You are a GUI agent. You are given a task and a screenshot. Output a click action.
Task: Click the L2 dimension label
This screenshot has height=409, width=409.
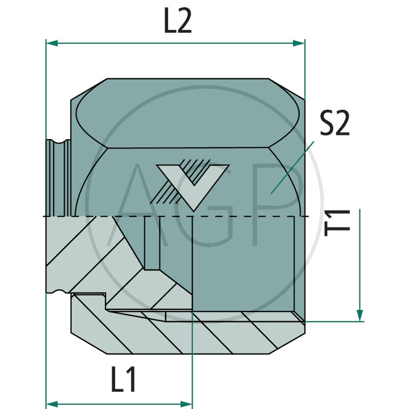177,21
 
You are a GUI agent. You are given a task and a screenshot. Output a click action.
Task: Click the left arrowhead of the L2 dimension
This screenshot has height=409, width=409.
51,43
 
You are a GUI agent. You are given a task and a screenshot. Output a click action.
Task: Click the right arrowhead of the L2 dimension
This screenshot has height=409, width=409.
300,43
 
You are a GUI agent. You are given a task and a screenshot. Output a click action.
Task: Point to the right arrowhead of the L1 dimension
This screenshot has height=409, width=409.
187,402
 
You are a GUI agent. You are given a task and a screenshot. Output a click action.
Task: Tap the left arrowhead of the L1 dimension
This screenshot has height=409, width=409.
51,402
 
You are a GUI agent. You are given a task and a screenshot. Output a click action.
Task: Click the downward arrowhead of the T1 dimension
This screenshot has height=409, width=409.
360,314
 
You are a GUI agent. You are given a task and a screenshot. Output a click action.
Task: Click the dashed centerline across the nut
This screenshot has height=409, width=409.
153,216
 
